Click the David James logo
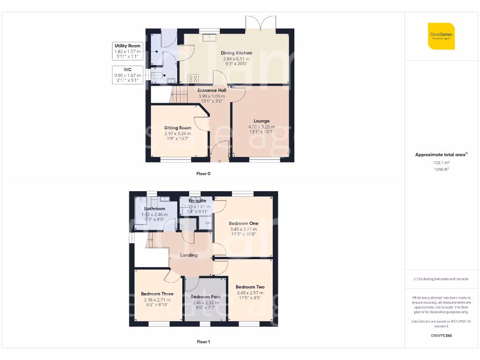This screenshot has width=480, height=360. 441,36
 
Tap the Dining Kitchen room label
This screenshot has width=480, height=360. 236,53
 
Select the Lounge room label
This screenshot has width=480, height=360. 261,121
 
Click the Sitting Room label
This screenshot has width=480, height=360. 178,127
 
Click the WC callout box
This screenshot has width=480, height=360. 127,75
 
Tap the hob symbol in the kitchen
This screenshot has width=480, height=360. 193,79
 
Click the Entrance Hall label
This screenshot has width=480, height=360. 211,90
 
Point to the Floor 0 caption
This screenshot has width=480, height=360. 203,173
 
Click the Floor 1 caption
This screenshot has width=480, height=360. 203,342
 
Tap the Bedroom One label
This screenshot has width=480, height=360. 243,224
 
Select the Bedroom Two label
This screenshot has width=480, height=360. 250,287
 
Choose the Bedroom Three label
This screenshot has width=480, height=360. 157,294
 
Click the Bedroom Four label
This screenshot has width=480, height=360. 205,297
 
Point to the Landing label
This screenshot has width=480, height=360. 189,255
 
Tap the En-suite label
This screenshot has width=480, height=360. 197,201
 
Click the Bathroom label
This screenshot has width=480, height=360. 154,209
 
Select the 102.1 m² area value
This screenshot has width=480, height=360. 441,162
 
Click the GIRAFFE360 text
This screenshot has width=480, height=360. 441,336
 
